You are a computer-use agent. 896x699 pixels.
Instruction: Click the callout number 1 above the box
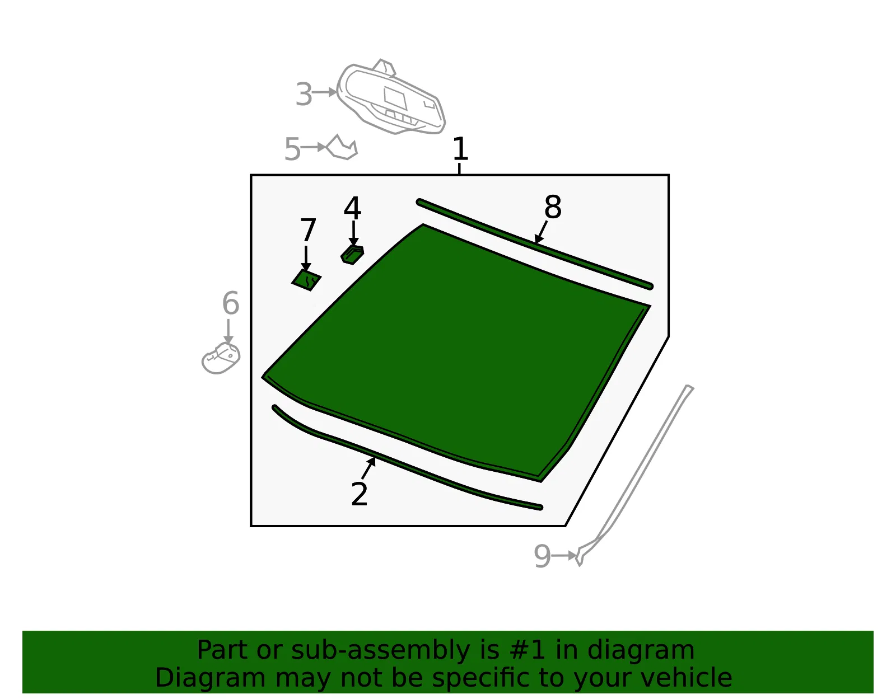(x=460, y=149)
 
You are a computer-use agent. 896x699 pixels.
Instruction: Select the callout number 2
(x=359, y=494)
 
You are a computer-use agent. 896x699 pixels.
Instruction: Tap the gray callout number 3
(x=304, y=95)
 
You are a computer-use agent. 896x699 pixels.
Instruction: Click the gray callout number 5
(x=292, y=149)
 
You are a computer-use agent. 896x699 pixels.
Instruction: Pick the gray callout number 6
(x=231, y=303)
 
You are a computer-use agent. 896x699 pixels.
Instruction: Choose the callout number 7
(x=308, y=230)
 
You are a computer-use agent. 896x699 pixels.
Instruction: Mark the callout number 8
(x=553, y=207)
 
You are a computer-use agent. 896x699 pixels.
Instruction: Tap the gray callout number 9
(x=542, y=556)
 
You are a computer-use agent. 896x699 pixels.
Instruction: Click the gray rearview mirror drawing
(x=391, y=99)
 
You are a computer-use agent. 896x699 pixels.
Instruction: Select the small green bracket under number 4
(x=352, y=255)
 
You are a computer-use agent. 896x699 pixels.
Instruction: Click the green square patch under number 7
(x=306, y=280)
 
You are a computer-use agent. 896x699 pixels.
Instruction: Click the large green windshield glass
(x=454, y=350)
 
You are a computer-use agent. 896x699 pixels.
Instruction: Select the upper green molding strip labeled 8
(x=534, y=245)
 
